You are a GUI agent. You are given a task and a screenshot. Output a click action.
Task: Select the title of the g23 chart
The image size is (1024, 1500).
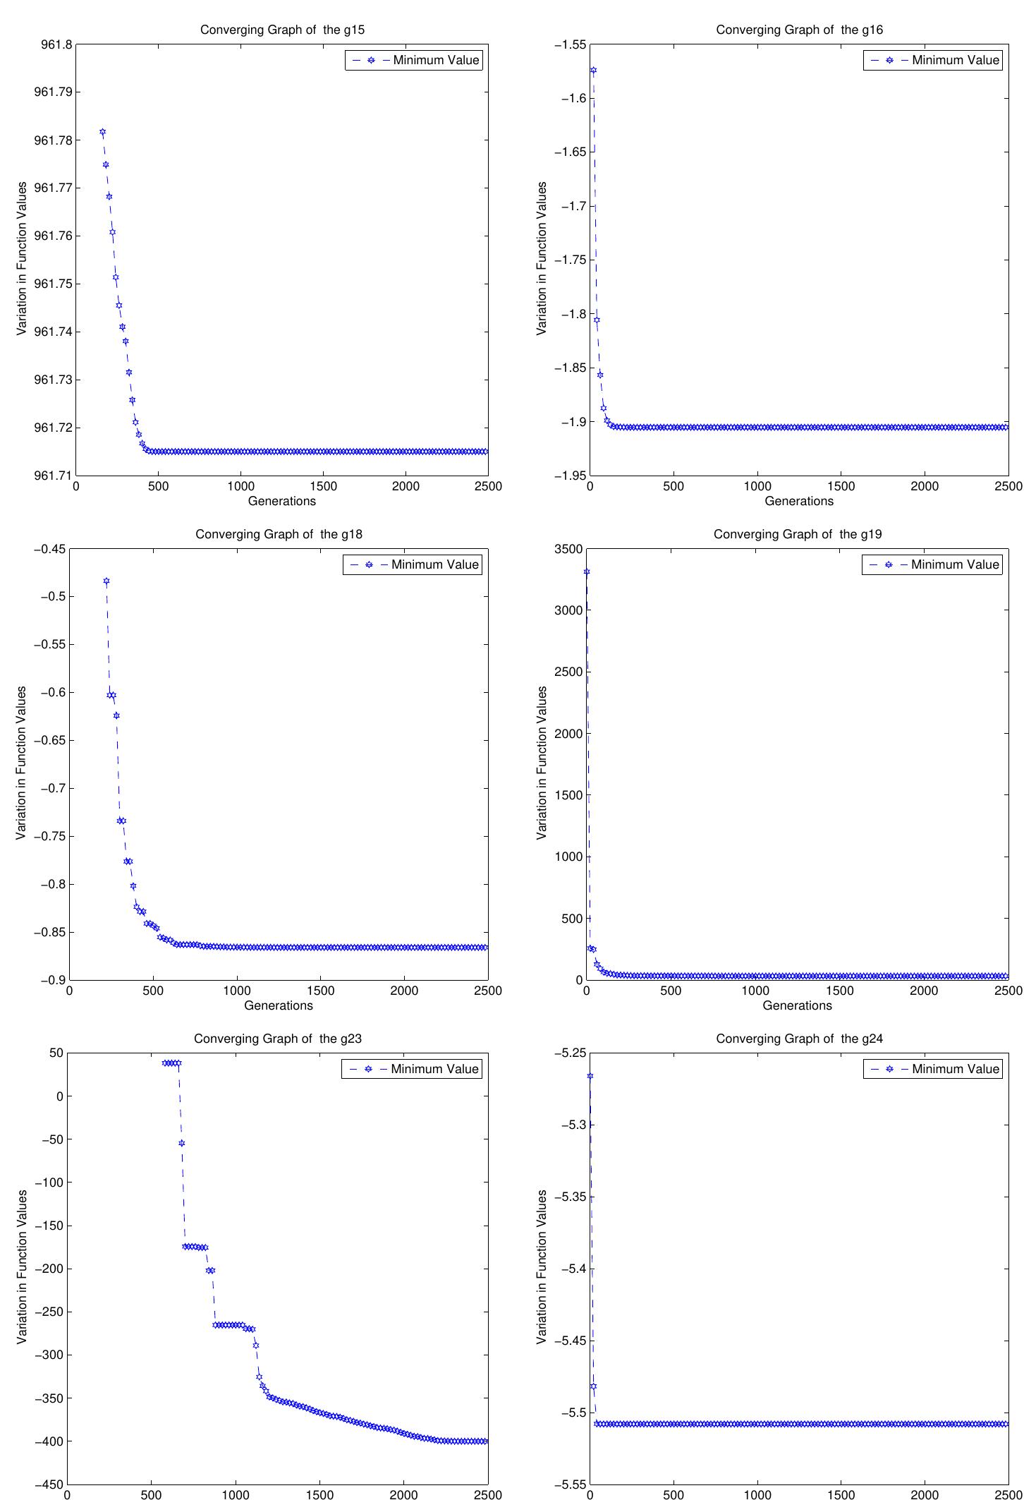[x=278, y=1039]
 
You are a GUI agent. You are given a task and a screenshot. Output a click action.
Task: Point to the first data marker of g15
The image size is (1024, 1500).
[x=102, y=132]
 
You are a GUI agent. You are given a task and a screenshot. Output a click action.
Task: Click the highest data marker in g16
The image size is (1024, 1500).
[x=593, y=71]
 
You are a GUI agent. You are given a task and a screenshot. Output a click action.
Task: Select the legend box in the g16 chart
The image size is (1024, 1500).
[x=932, y=60]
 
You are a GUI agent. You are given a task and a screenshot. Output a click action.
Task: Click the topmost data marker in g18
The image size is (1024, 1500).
[x=106, y=581]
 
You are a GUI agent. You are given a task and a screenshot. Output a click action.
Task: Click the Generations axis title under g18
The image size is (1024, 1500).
[x=279, y=1005]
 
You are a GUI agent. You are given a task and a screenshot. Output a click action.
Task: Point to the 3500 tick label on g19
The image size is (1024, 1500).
[x=569, y=549]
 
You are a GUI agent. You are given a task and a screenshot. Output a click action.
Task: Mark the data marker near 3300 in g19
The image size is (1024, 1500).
[x=587, y=571]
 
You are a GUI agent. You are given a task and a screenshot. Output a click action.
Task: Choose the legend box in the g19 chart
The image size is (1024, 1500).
[x=932, y=564]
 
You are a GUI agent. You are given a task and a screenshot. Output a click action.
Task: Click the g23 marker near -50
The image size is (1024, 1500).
[x=181, y=1143]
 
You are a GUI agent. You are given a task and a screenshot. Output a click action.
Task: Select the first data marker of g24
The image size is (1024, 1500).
[x=590, y=1076]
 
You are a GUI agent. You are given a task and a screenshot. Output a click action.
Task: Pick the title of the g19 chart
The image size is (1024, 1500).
[x=798, y=534]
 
